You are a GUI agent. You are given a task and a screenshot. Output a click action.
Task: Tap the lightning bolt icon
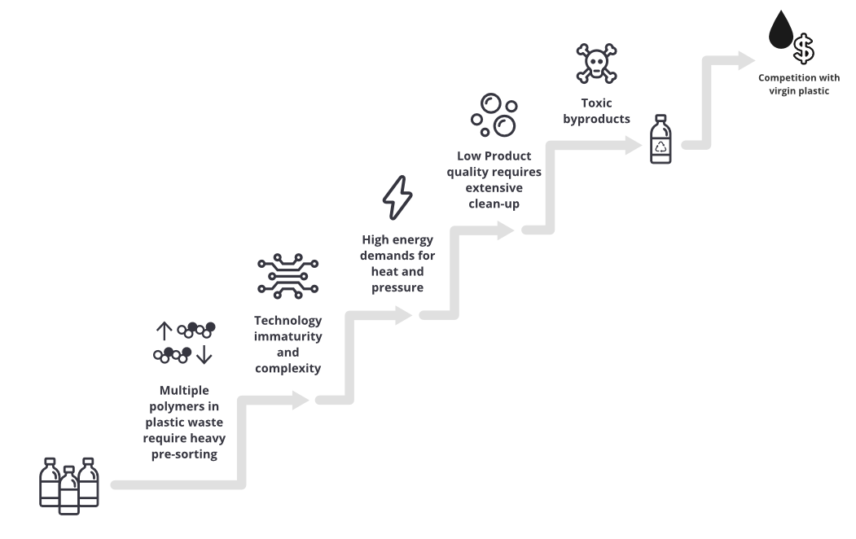click(397, 197)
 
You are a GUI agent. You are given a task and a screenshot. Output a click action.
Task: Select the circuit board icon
click(288, 275)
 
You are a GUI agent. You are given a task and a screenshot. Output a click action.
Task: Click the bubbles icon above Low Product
click(494, 115)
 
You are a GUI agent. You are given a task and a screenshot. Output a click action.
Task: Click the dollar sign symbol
click(804, 48)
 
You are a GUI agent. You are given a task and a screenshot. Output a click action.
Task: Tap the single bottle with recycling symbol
click(661, 139)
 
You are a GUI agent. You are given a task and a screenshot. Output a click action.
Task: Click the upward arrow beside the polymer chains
click(164, 330)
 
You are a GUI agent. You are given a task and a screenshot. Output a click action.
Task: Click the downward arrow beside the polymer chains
click(204, 355)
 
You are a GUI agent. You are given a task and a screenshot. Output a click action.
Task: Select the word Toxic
click(596, 103)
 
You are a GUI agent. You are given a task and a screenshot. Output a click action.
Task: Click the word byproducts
click(596, 119)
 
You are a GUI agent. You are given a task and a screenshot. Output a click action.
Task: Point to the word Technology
click(288, 320)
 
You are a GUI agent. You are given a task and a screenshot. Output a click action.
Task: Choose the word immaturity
click(288, 336)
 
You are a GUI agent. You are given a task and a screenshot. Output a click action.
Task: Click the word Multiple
click(184, 390)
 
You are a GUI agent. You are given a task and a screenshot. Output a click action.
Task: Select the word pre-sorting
click(184, 454)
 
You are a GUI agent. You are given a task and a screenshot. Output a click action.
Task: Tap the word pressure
click(397, 287)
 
